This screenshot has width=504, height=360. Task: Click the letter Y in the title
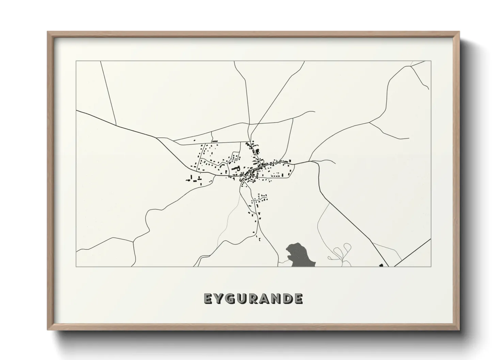pos(220,299)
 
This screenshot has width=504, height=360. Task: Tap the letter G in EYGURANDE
pos(232,299)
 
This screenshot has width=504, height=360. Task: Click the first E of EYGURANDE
pos(208,299)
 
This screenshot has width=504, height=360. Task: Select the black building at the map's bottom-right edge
pos(381,265)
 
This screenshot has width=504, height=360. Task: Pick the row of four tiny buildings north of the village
pos(215,141)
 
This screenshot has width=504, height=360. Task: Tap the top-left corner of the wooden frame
pos(48,32)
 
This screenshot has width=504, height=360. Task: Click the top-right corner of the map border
pos(431,61)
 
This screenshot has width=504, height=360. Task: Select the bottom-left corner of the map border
pos(76,266)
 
